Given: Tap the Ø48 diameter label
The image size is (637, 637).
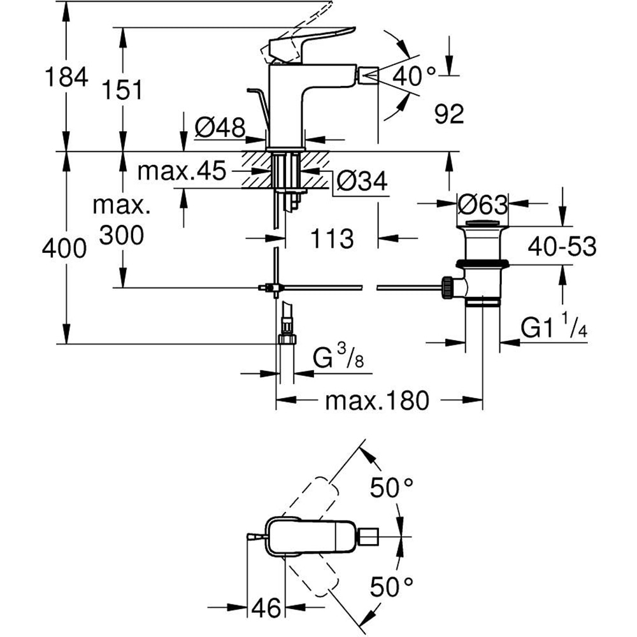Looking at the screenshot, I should [219, 129].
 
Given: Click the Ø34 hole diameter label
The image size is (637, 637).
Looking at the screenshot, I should [360, 182].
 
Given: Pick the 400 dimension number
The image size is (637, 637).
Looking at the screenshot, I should [64, 248].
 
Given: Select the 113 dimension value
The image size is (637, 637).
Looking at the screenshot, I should [331, 239].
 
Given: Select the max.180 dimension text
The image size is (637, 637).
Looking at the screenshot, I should [376, 401].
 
